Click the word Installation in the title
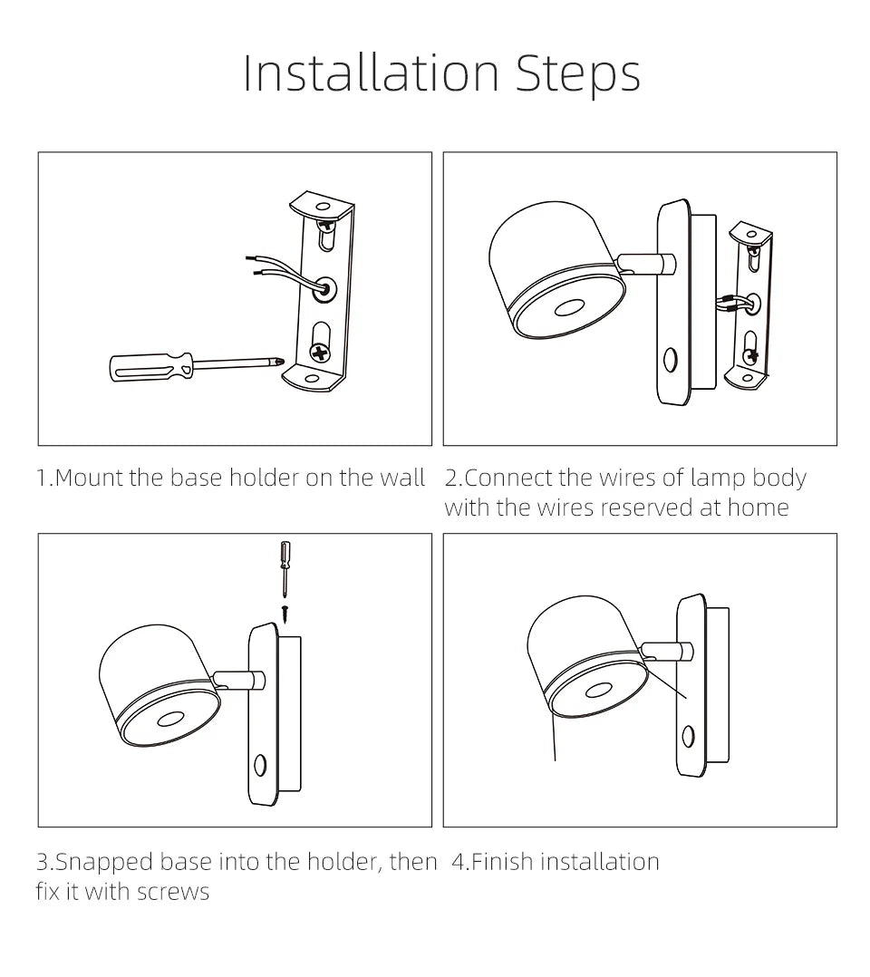pos(372,73)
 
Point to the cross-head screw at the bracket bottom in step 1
pos(320,353)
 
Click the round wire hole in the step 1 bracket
pos(324,290)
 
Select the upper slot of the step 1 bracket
pos(326,234)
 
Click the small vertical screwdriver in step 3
pos(285,568)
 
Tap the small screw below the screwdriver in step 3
pos(285,613)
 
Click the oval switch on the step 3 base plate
pos(260,765)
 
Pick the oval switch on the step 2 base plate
pos(670,360)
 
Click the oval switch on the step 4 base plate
pos(688,736)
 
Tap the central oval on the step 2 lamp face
pos(568,308)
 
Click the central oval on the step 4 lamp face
pos(597,690)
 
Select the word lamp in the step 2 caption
pos(718,479)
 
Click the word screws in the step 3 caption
pos(173,892)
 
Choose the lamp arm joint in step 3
pos(239,679)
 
